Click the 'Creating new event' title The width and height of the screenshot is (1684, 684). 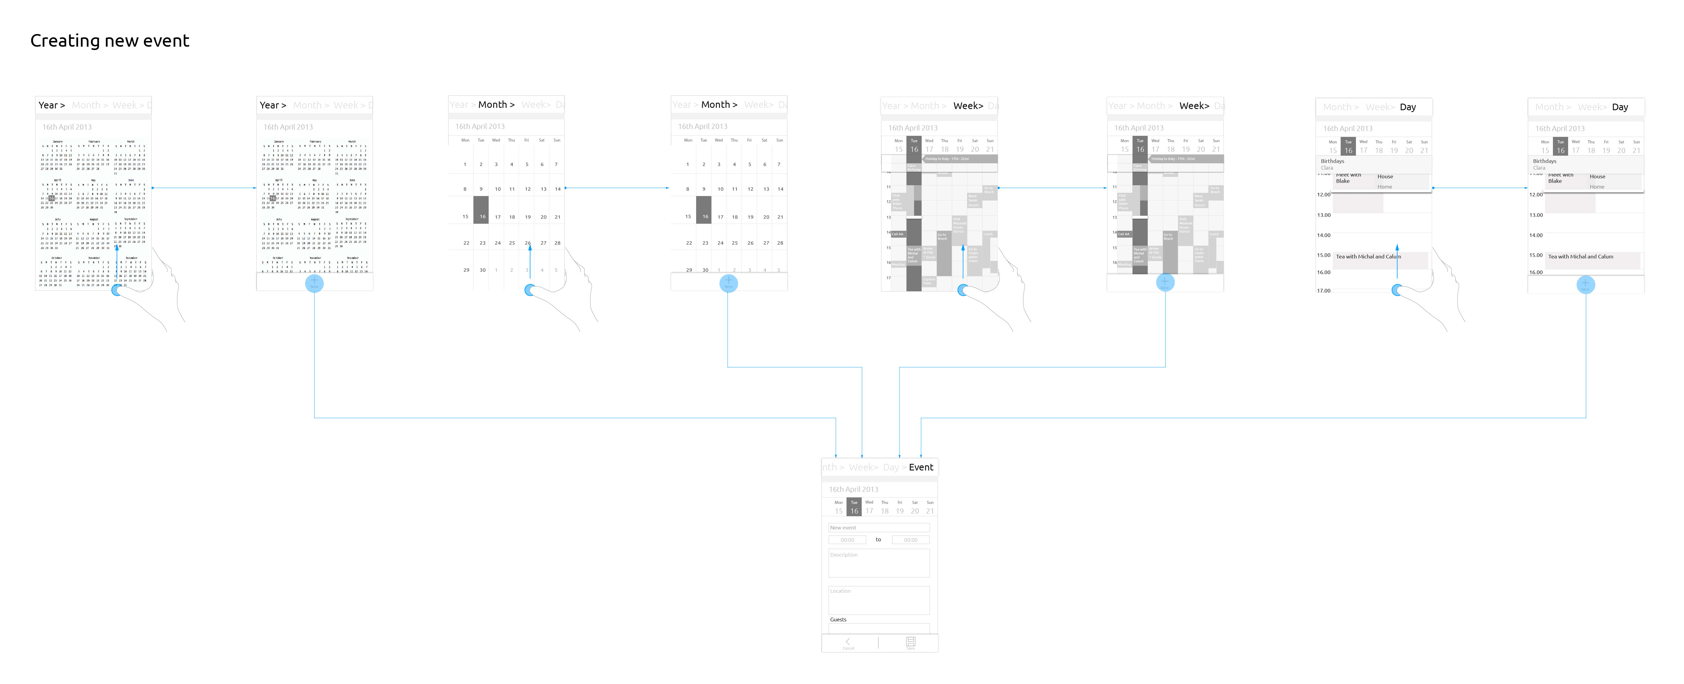(x=110, y=41)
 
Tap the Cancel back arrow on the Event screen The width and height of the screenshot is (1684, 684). (x=848, y=642)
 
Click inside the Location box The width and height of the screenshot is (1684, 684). (x=879, y=600)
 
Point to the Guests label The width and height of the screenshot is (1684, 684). (x=838, y=619)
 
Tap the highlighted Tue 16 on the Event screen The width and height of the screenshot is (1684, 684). (x=854, y=508)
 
